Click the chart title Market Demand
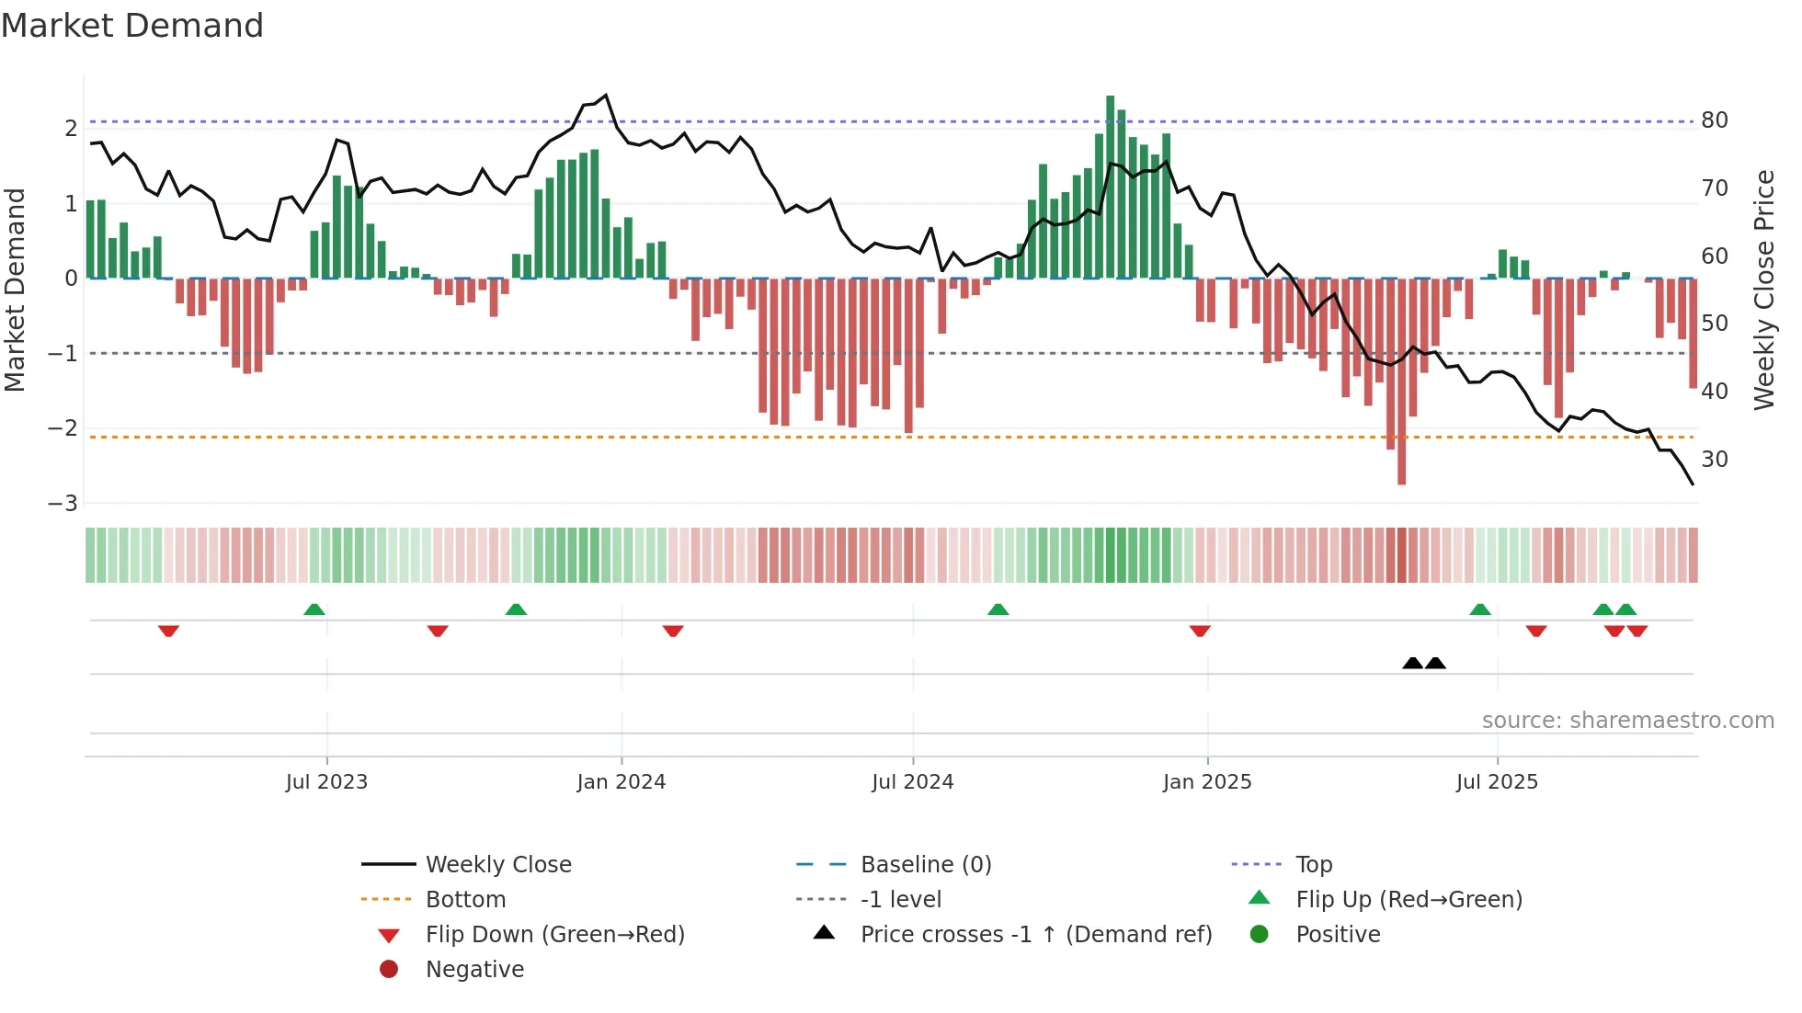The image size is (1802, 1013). (132, 26)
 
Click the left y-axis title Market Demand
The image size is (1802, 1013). (16, 290)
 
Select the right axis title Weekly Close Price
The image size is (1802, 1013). (1763, 290)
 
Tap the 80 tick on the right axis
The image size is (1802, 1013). (1714, 120)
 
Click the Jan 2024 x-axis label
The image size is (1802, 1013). (621, 782)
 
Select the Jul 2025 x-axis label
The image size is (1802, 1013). (1496, 782)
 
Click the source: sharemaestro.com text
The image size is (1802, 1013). (1627, 720)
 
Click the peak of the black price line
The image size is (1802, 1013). (606, 96)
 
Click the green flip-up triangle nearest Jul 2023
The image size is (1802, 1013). (314, 609)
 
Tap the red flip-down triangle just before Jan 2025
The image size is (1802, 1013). (1199, 631)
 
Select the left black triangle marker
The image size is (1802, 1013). (1412, 663)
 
